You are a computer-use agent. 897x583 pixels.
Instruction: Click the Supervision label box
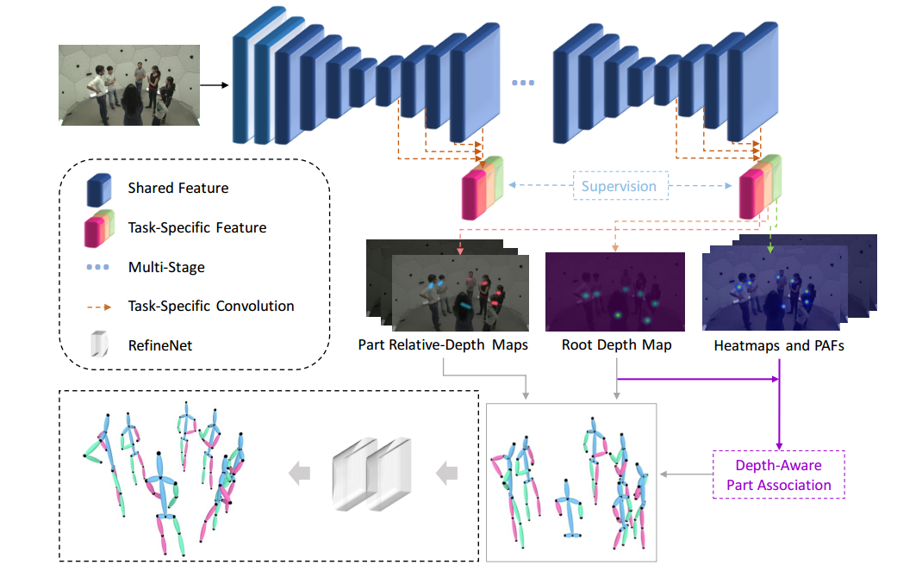click(x=619, y=186)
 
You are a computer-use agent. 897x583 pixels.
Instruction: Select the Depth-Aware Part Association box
click(x=779, y=474)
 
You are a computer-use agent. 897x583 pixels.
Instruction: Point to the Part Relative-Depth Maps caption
click(x=443, y=345)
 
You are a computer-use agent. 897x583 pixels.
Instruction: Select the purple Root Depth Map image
click(x=615, y=292)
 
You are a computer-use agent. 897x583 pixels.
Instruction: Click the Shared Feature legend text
click(x=178, y=188)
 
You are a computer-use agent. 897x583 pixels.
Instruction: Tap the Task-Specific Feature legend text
click(x=197, y=228)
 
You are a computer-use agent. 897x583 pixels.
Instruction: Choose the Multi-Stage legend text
click(x=166, y=268)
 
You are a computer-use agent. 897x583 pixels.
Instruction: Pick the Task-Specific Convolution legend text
click(x=211, y=307)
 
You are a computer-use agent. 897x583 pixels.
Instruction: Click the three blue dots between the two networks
click(x=523, y=83)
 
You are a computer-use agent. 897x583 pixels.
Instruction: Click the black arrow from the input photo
click(x=215, y=85)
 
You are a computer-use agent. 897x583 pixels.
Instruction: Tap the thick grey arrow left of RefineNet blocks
click(x=299, y=472)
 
